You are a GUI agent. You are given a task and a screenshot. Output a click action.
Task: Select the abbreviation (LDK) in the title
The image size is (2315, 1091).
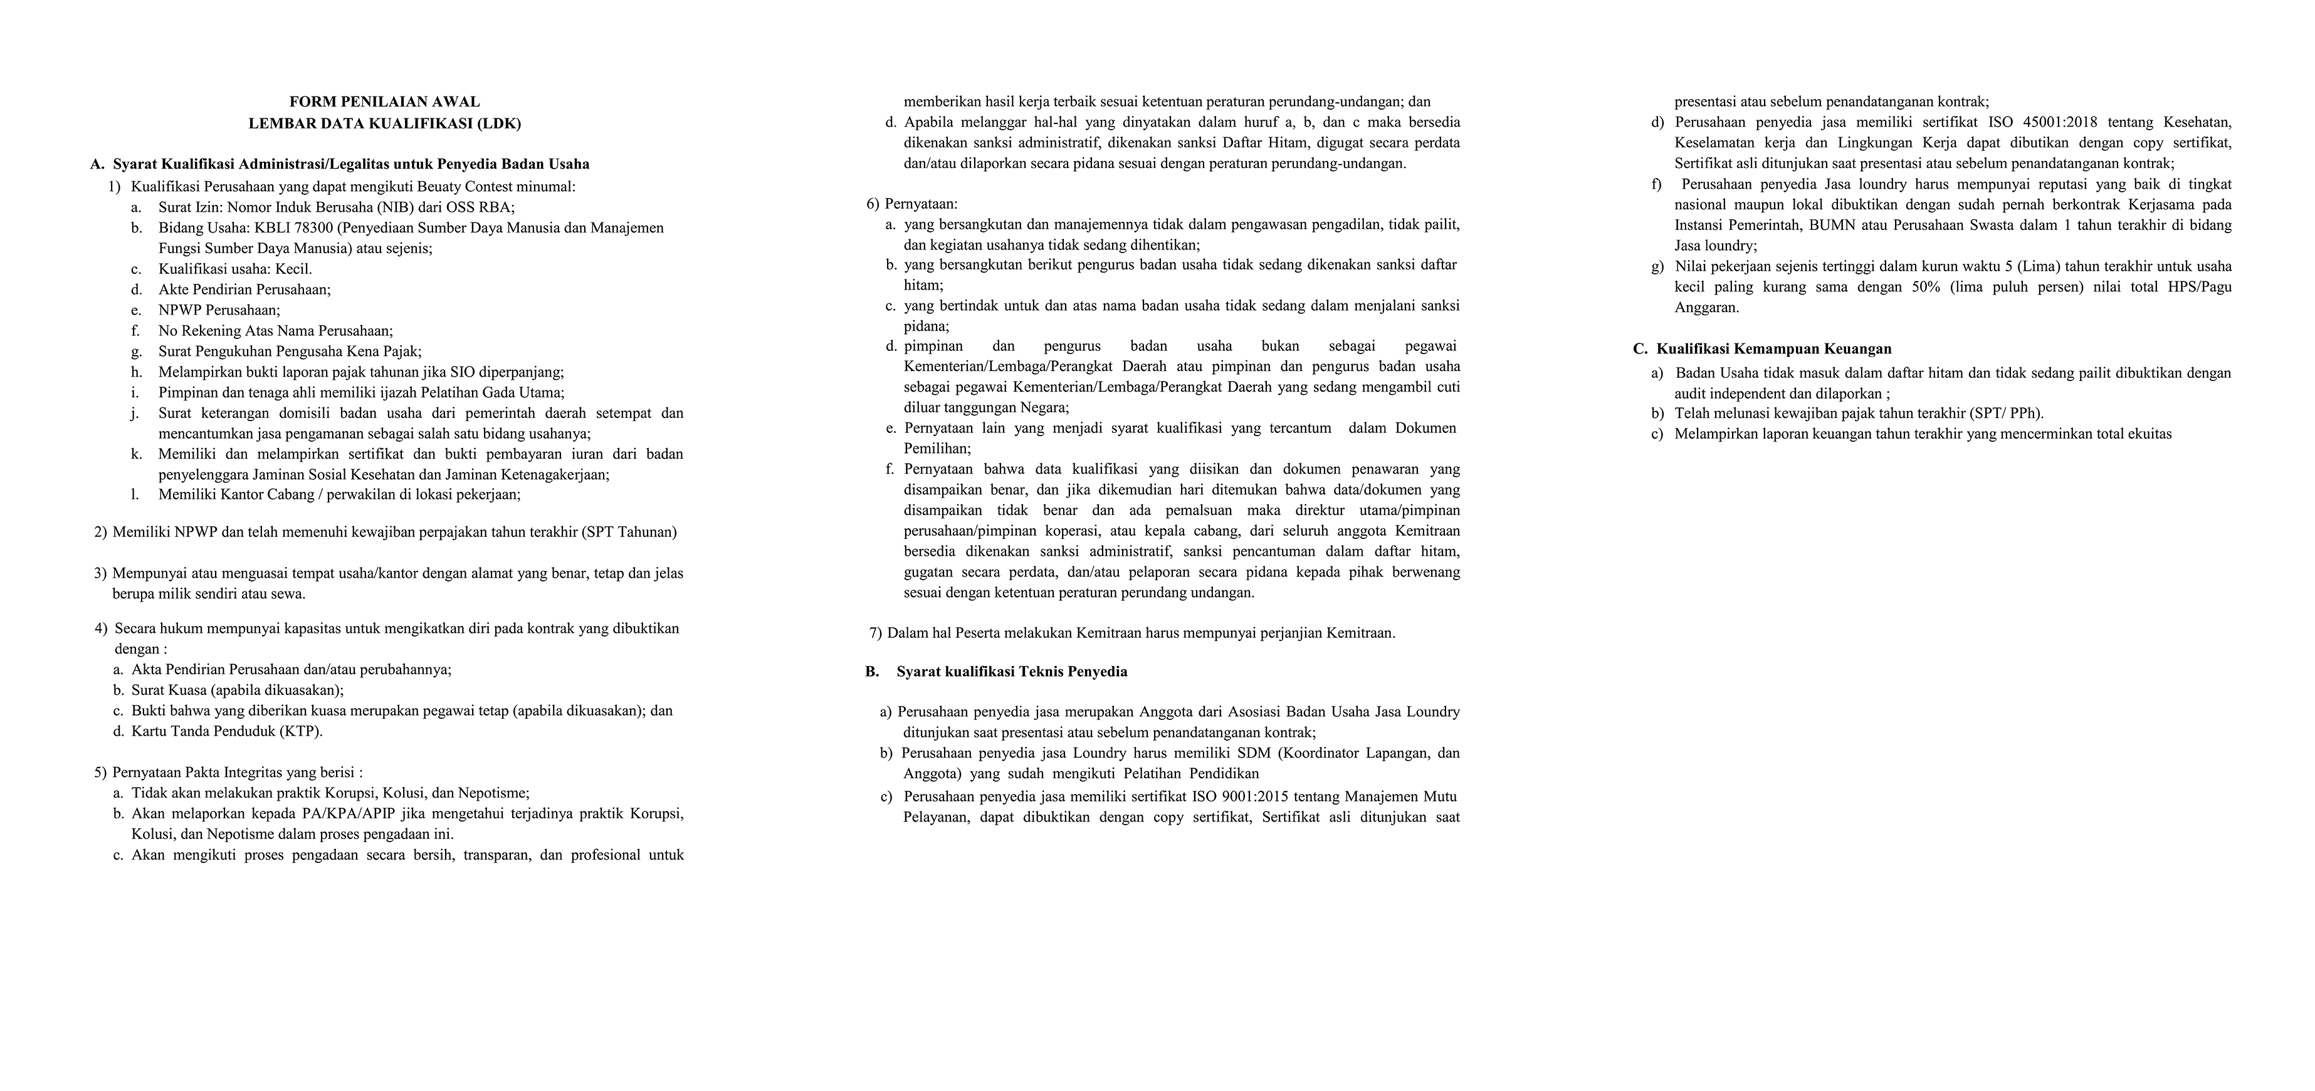click(x=501, y=123)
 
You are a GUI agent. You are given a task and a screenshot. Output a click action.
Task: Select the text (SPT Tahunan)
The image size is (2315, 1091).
click(x=629, y=531)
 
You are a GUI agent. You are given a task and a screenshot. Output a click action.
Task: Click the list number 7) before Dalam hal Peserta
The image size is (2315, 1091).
click(x=875, y=633)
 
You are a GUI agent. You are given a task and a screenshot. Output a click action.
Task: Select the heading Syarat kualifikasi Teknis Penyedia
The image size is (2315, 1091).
click(x=1011, y=671)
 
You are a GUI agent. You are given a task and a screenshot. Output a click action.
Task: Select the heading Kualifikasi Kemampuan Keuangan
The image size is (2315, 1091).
click(x=1774, y=348)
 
